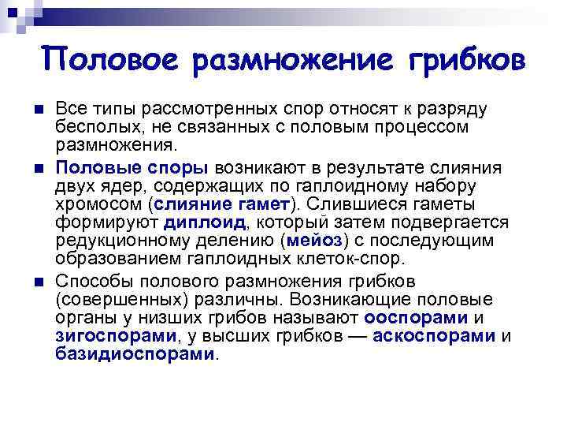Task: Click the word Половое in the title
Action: tap(102, 60)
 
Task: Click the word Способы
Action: tap(93, 281)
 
